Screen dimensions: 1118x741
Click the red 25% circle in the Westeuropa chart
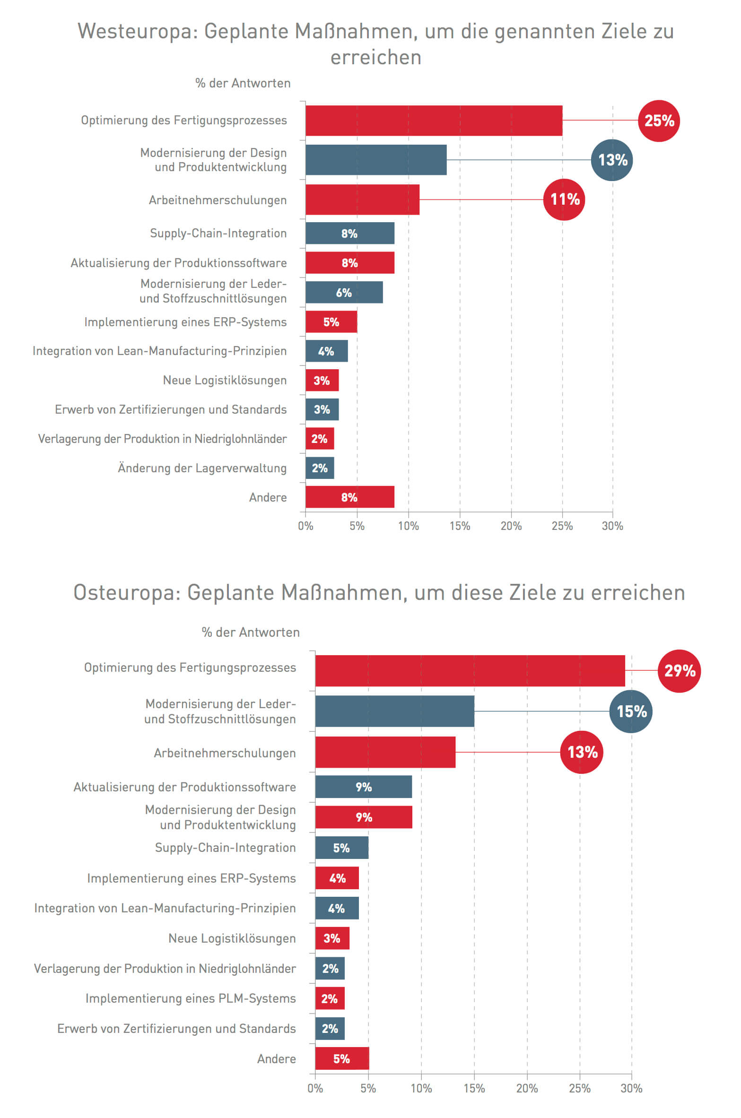click(x=659, y=121)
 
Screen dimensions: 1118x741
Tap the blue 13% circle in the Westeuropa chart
click(x=612, y=160)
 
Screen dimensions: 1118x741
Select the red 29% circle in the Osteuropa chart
click(x=679, y=671)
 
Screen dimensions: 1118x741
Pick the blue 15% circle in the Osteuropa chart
click(x=631, y=711)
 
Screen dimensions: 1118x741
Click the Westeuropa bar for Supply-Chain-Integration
click(x=349, y=233)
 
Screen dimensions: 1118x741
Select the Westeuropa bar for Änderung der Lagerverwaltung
click(x=320, y=468)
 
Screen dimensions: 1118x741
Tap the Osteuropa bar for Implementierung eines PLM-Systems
click(x=330, y=998)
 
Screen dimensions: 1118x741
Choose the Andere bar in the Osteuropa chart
click(x=341, y=1059)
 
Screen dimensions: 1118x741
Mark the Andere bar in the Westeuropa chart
click(x=349, y=497)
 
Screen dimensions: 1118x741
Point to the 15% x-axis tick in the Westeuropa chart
click(x=460, y=526)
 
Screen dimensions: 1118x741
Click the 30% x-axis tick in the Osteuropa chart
click(x=631, y=1089)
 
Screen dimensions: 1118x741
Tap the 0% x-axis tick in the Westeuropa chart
click(x=305, y=526)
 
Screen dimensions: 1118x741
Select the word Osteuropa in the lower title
click(x=127, y=593)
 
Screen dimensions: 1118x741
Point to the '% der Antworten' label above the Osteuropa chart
click(x=251, y=633)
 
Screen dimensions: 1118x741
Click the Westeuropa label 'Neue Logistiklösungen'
click(x=225, y=381)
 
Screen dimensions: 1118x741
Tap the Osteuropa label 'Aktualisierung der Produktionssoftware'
click(x=184, y=787)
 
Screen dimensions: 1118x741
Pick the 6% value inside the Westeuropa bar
click(x=344, y=293)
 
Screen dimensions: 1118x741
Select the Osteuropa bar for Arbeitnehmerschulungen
click(x=385, y=752)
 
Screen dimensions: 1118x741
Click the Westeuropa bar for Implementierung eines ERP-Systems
click(x=331, y=322)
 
